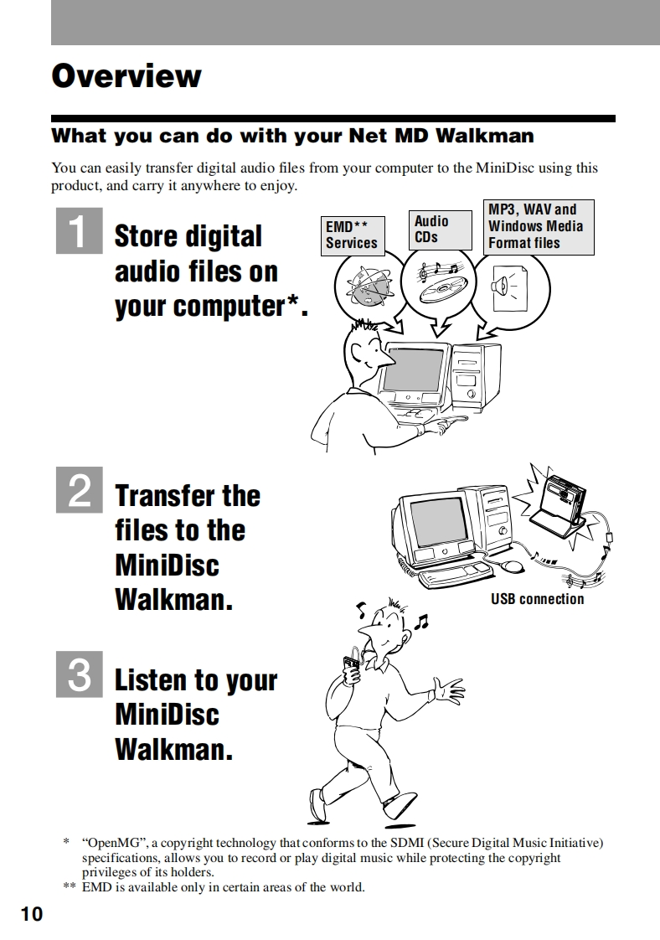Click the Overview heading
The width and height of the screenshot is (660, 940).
[x=126, y=76]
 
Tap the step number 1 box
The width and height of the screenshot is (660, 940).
[x=79, y=230]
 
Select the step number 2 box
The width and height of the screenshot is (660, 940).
[x=79, y=490]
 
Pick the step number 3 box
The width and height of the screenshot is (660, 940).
[x=79, y=674]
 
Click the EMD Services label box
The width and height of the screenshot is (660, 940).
[x=353, y=235]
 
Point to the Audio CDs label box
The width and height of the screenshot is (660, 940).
[x=440, y=230]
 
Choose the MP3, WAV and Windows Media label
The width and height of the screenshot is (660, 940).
[x=539, y=226]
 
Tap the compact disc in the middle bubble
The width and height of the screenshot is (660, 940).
[x=441, y=290]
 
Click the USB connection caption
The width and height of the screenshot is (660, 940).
[x=537, y=599]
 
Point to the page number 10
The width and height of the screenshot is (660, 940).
[x=32, y=914]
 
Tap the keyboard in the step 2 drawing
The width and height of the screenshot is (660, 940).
[x=456, y=575]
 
